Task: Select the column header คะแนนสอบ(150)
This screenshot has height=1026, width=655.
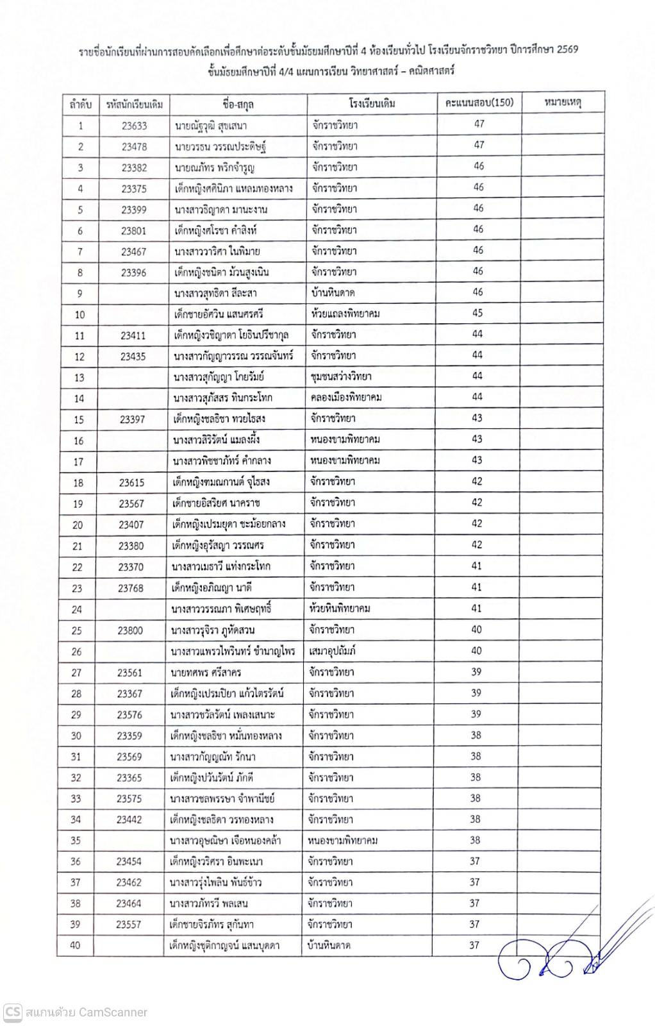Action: pyautogui.click(x=479, y=103)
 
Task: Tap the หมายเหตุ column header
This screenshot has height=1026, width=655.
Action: pyautogui.click(x=563, y=103)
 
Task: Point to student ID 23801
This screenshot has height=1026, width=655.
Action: pyautogui.click(x=134, y=231)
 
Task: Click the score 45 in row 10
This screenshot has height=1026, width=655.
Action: pyautogui.click(x=478, y=313)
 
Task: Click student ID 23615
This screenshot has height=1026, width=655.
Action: pyautogui.click(x=131, y=482)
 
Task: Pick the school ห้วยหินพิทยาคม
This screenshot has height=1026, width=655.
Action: pyautogui.click(x=340, y=609)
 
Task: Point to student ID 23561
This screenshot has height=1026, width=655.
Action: pyautogui.click(x=129, y=673)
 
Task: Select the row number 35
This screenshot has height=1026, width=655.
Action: pyautogui.click(x=76, y=841)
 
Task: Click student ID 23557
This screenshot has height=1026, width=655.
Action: pyautogui.click(x=129, y=925)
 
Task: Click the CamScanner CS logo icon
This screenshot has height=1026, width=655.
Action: pyautogui.click(x=12, y=1012)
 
